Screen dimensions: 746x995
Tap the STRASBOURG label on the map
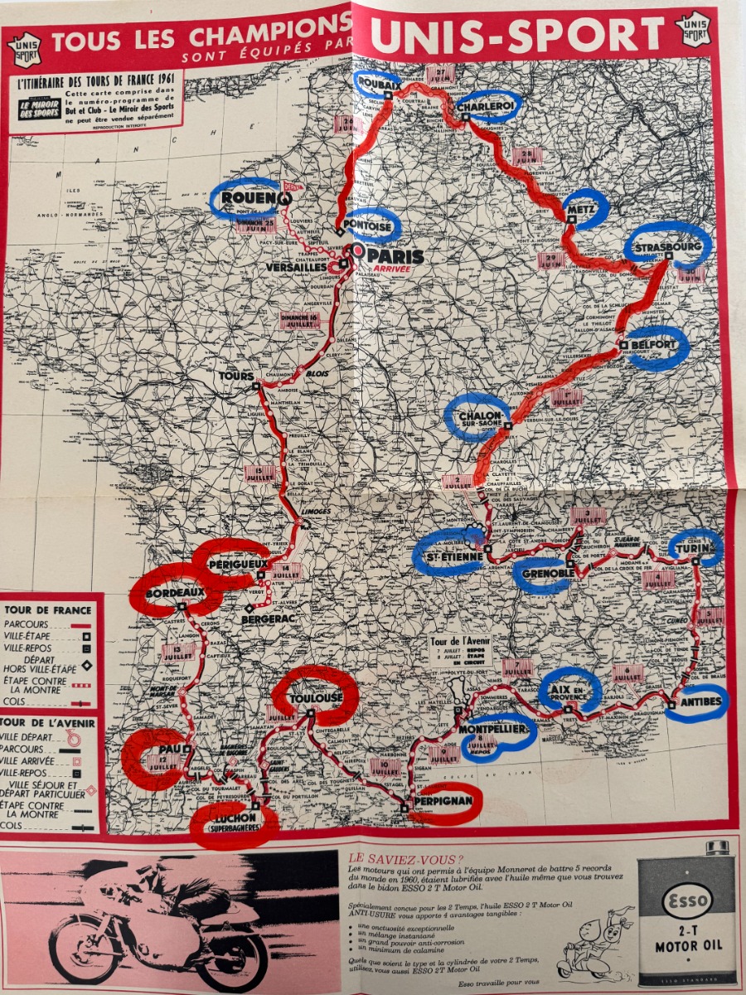(668, 247)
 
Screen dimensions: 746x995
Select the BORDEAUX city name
(174, 593)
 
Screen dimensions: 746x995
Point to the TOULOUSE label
(316, 698)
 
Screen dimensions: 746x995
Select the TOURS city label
(235, 376)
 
